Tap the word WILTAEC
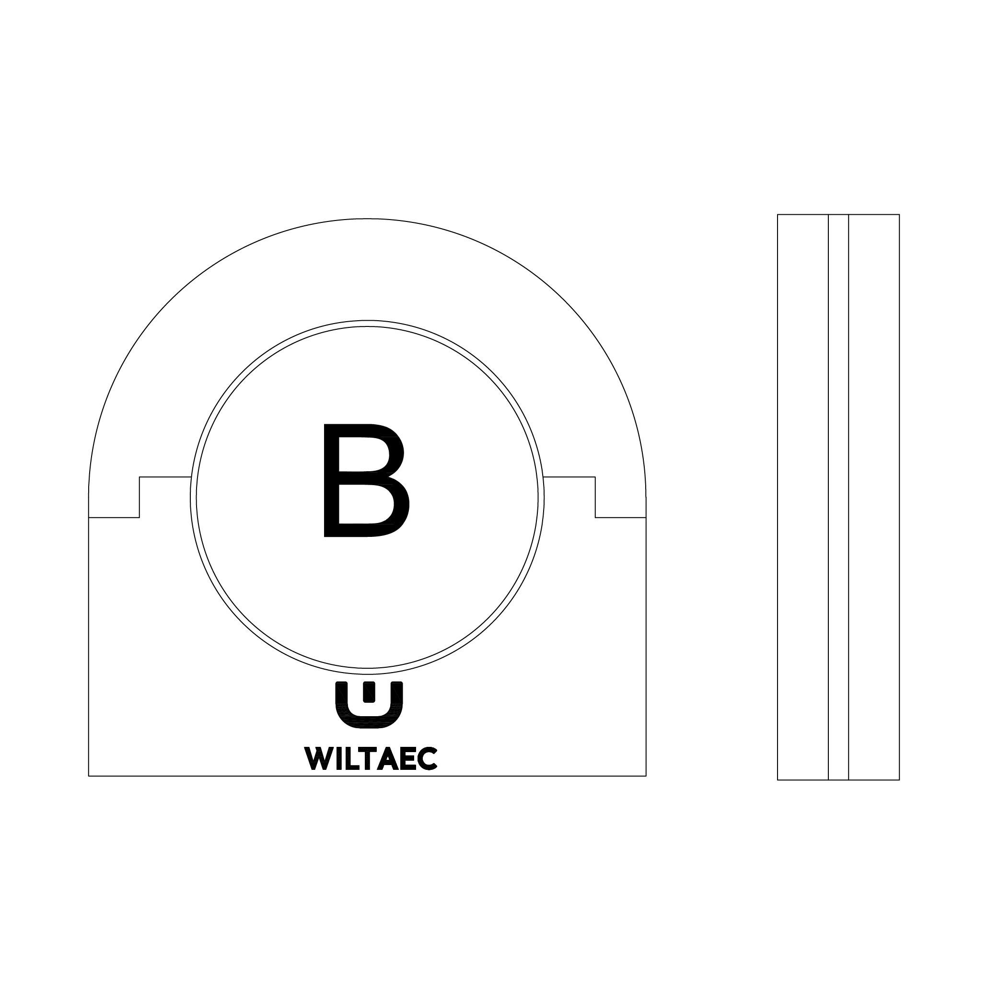pos(371,758)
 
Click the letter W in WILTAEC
pos(318,758)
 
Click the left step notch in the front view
pos(139,497)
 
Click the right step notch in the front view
pos(595,497)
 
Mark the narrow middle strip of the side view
pos(838,497)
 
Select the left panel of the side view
pos(802,497)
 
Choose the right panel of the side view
pos(874,497)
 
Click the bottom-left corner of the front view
pos(89,776)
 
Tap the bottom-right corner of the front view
pos(646,776)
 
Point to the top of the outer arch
pos(367,219)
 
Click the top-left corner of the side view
pos(778,215)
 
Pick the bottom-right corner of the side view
pos(899,780)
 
